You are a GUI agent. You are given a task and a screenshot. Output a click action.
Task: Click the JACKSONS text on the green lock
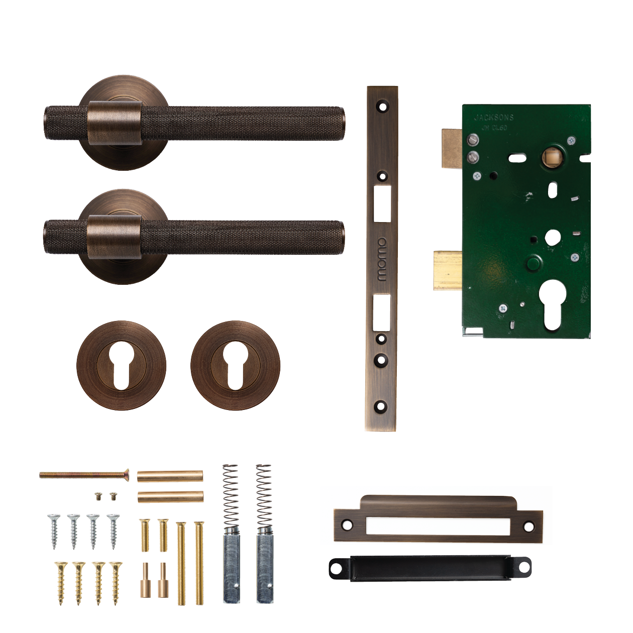click(494, 118)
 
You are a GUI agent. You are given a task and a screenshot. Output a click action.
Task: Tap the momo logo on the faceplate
click(382, 259)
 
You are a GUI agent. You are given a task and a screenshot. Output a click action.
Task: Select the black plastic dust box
click(430, 568)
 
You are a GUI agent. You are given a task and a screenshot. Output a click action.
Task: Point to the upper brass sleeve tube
click(170, 476)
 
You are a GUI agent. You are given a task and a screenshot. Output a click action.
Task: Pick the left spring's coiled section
click(231, 494)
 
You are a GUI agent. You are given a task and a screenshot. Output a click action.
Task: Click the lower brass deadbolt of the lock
click(448, 270)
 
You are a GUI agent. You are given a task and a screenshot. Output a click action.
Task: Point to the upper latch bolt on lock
click(452, 148)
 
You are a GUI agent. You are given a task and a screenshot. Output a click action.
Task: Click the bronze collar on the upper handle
click(115, 123)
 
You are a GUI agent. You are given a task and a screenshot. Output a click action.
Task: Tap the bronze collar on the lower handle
click(114, 237)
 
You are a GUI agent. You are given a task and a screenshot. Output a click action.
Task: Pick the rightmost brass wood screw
click(116, 583)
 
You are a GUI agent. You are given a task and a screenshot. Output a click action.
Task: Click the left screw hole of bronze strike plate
click(347, 525)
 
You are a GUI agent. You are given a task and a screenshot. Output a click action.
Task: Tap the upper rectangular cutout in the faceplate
click(382, 203)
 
